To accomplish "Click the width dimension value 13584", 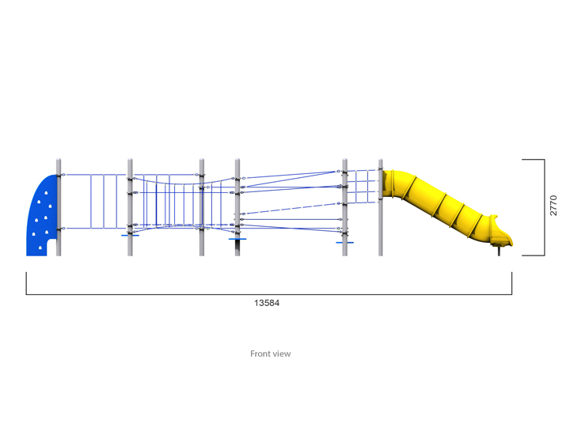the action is tap(267, 303).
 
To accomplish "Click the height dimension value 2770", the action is tap(553, 206).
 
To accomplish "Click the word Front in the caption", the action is tap(260, 354).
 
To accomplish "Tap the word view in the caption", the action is tap(281, 354).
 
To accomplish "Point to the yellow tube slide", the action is tap(447, 207).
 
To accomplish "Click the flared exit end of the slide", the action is tap(501, 232).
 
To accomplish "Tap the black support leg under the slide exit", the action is tap(499, 251).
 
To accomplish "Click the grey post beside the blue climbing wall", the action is tap(59, 207).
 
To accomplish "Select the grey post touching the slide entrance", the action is tap(380, 207).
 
